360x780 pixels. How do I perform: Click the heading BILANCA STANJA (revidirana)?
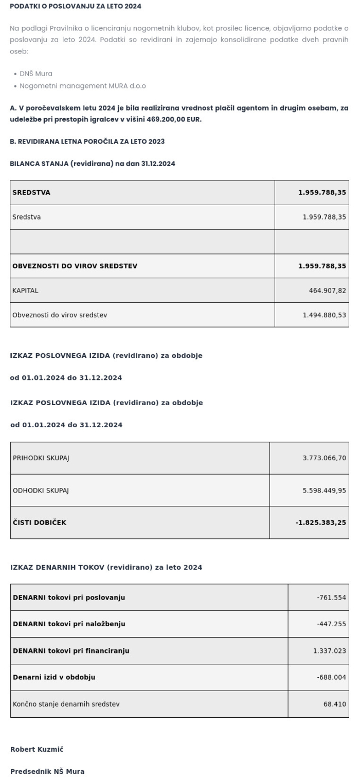pyautogui.click(x=93, y=164)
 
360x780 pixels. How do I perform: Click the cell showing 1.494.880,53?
pyautogui.click(x=324, y=315)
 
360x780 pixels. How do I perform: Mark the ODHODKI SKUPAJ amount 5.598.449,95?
pyautogui.click(x=324, y=491)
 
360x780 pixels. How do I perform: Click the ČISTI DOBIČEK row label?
pyautogui.click(x=40, y=522)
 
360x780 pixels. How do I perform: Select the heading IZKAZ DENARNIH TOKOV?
pyautogui.click(x=106, y=567)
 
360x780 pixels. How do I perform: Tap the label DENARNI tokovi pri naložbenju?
pyautogui.click(x=69, y=624)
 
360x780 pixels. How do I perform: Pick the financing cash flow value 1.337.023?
pyautogui.click(x=330, y=651)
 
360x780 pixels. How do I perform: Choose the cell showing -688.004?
pyautogui.click(x=331, y=677)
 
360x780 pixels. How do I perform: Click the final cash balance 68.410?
pyautogui.click(x=334, y=704)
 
